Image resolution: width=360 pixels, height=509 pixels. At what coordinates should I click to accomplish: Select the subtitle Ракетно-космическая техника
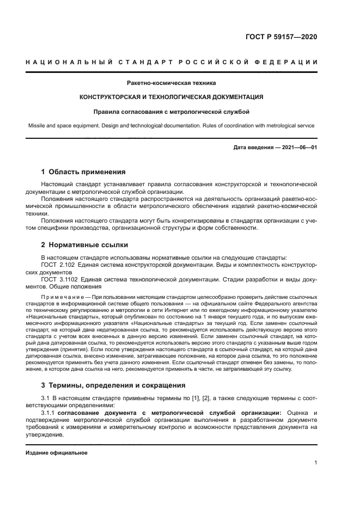coord(171,83)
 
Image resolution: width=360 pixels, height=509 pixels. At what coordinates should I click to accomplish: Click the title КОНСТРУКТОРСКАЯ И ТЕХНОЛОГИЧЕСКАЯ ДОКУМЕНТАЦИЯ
coord(171,97)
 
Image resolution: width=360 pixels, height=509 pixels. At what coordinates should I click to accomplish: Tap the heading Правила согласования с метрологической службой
coord(171,112)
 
